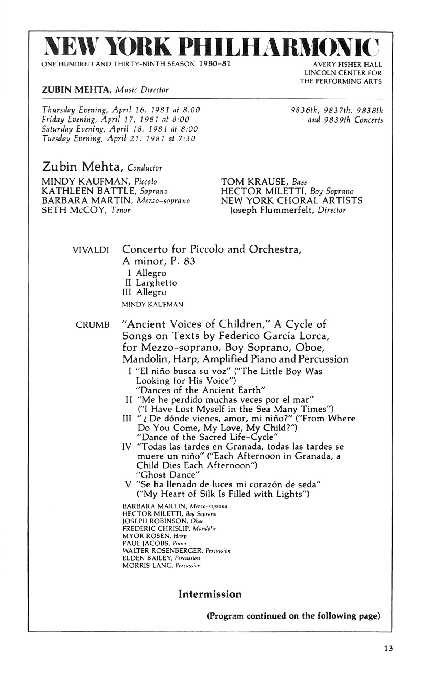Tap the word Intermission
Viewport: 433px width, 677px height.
click(x=210, y=594)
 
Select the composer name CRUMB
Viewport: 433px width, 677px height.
click(x=93, y=325)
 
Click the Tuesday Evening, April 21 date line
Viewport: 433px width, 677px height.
click(x=119, y=138)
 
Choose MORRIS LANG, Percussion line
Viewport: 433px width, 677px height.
click(x=161, y=565)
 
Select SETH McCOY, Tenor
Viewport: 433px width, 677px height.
click(x=86, y=210)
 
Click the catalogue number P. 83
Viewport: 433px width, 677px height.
click(x=183, y=261)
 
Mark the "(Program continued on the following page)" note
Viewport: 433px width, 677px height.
click(x=293, y=616)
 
